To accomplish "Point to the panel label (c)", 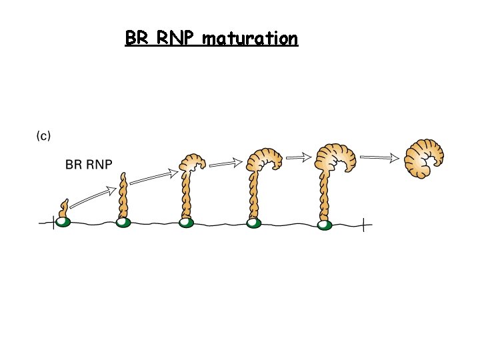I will [43, 136].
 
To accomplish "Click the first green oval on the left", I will [63, 222].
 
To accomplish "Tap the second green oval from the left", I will [123, 223].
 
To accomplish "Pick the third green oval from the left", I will [187, 223].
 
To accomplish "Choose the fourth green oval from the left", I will [253, 223].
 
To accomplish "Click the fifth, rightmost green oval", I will [324, 225].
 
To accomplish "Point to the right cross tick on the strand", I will [363, 226].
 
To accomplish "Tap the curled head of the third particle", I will [193, 162].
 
